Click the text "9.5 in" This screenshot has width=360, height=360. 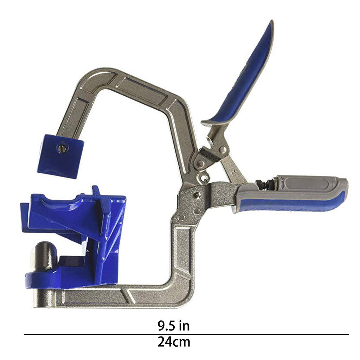[174, 326]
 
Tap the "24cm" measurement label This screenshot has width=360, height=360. [174, 342]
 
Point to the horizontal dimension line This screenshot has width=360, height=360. [186, 334]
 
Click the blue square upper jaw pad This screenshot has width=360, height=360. [60, 156]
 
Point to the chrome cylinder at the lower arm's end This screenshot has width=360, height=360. [45, 298]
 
